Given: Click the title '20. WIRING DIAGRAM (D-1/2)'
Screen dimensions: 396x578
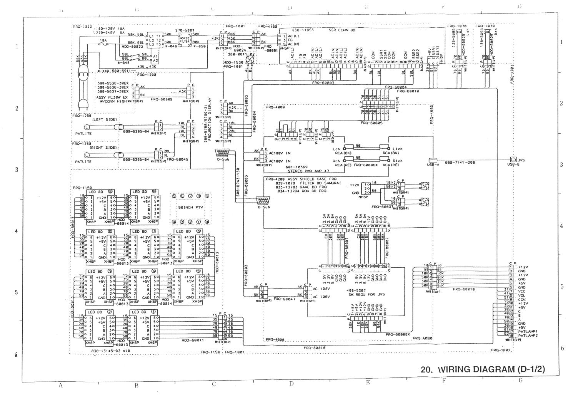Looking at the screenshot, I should click(483, 369).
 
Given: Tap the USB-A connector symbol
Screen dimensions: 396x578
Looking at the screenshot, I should click(433, 159).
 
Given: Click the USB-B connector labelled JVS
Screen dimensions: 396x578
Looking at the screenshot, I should click(513, 159).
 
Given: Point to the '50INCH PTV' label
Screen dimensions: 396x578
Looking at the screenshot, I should click(190, 207).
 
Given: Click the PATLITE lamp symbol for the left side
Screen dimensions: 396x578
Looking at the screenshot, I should click(87, 127).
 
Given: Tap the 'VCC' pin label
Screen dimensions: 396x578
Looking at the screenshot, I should click(522, 291).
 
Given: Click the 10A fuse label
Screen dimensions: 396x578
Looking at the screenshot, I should click(103, 40).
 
